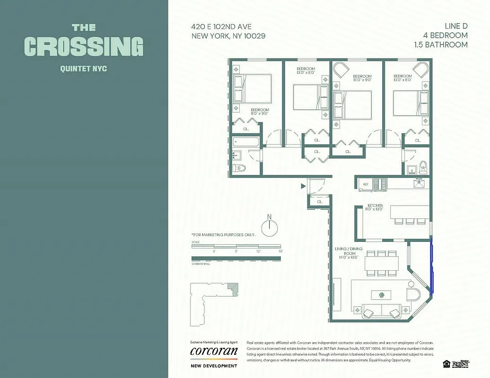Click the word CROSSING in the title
click(83, 46)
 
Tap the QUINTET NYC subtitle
click(83, 69)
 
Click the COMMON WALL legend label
click(201, 264)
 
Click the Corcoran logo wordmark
click(213, 351)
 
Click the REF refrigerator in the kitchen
click(366, 184)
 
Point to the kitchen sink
click(419, 183)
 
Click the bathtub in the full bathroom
click(245, 141)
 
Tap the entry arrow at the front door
click(303, 186)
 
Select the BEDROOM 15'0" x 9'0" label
click(362, 78)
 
